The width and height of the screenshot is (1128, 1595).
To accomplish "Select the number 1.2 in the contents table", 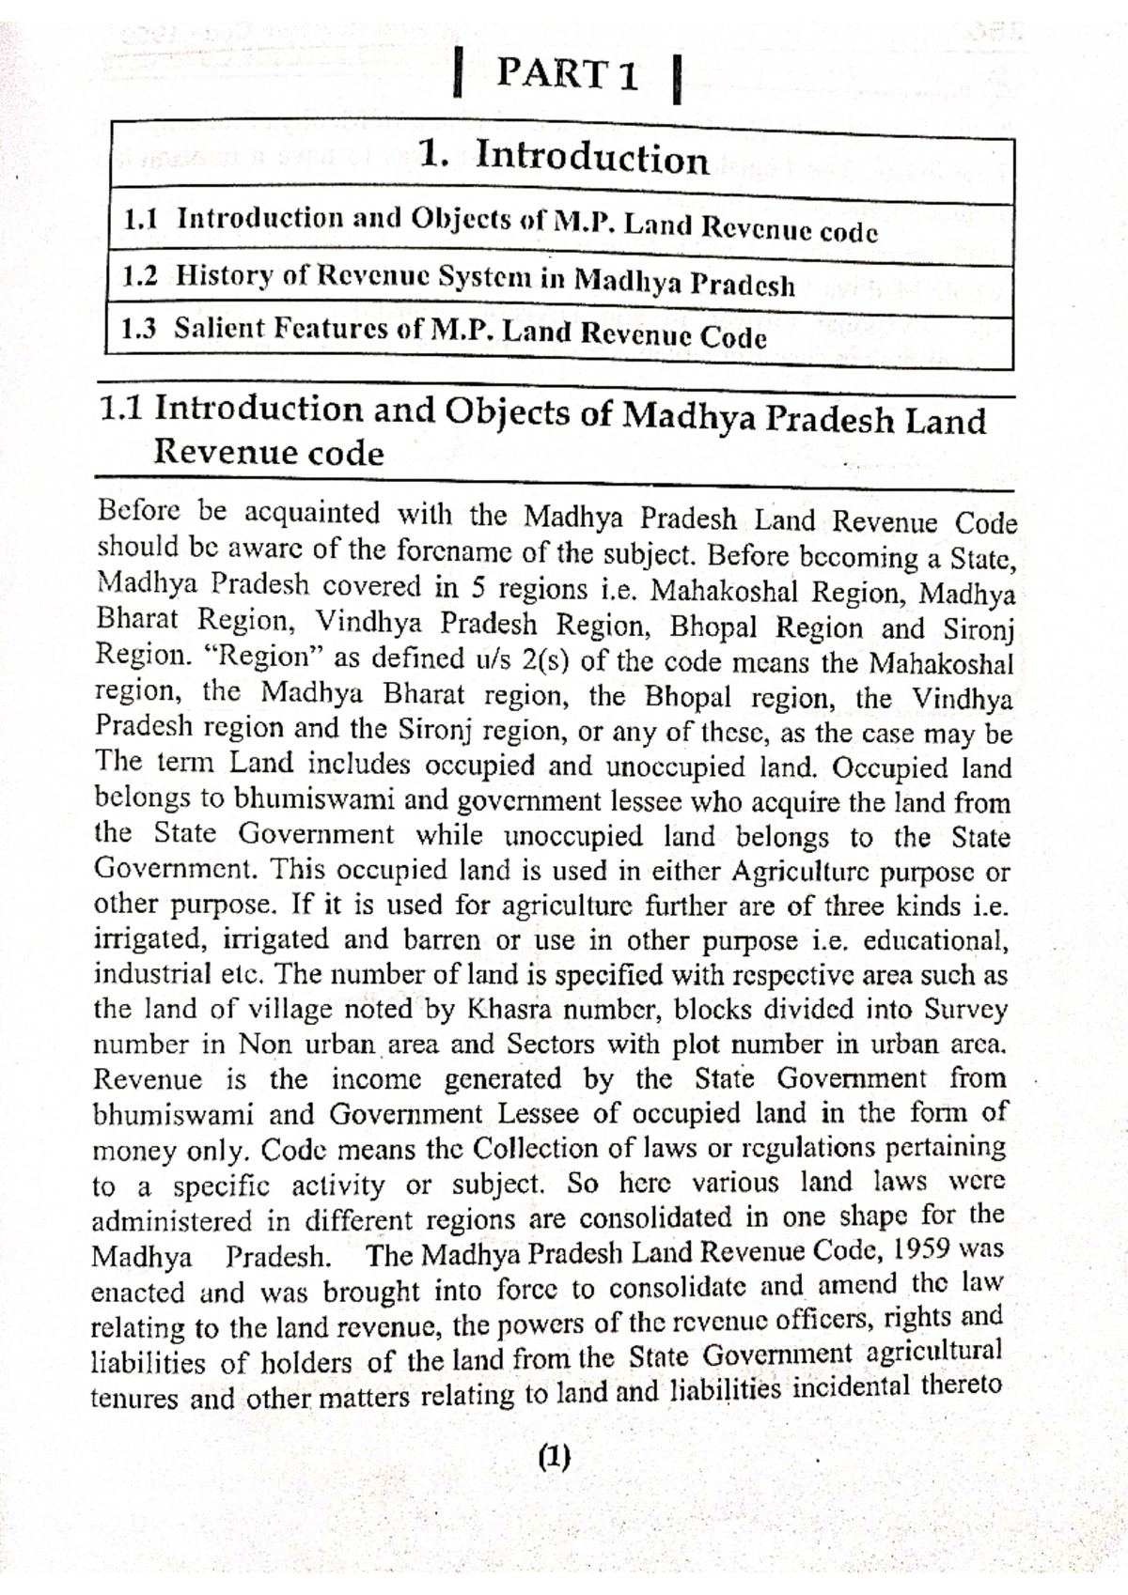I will click(x=140, y=275).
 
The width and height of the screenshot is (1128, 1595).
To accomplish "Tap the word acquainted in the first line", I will click(x=311, y=513).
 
